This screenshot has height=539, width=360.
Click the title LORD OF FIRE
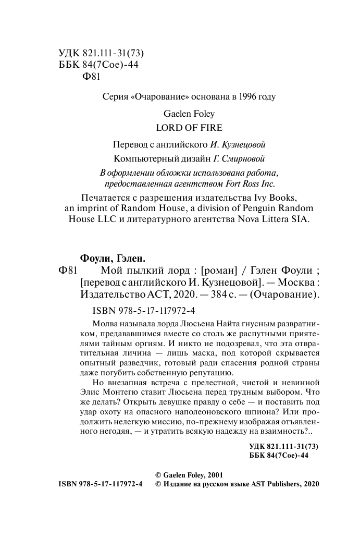(x=182, y=127)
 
